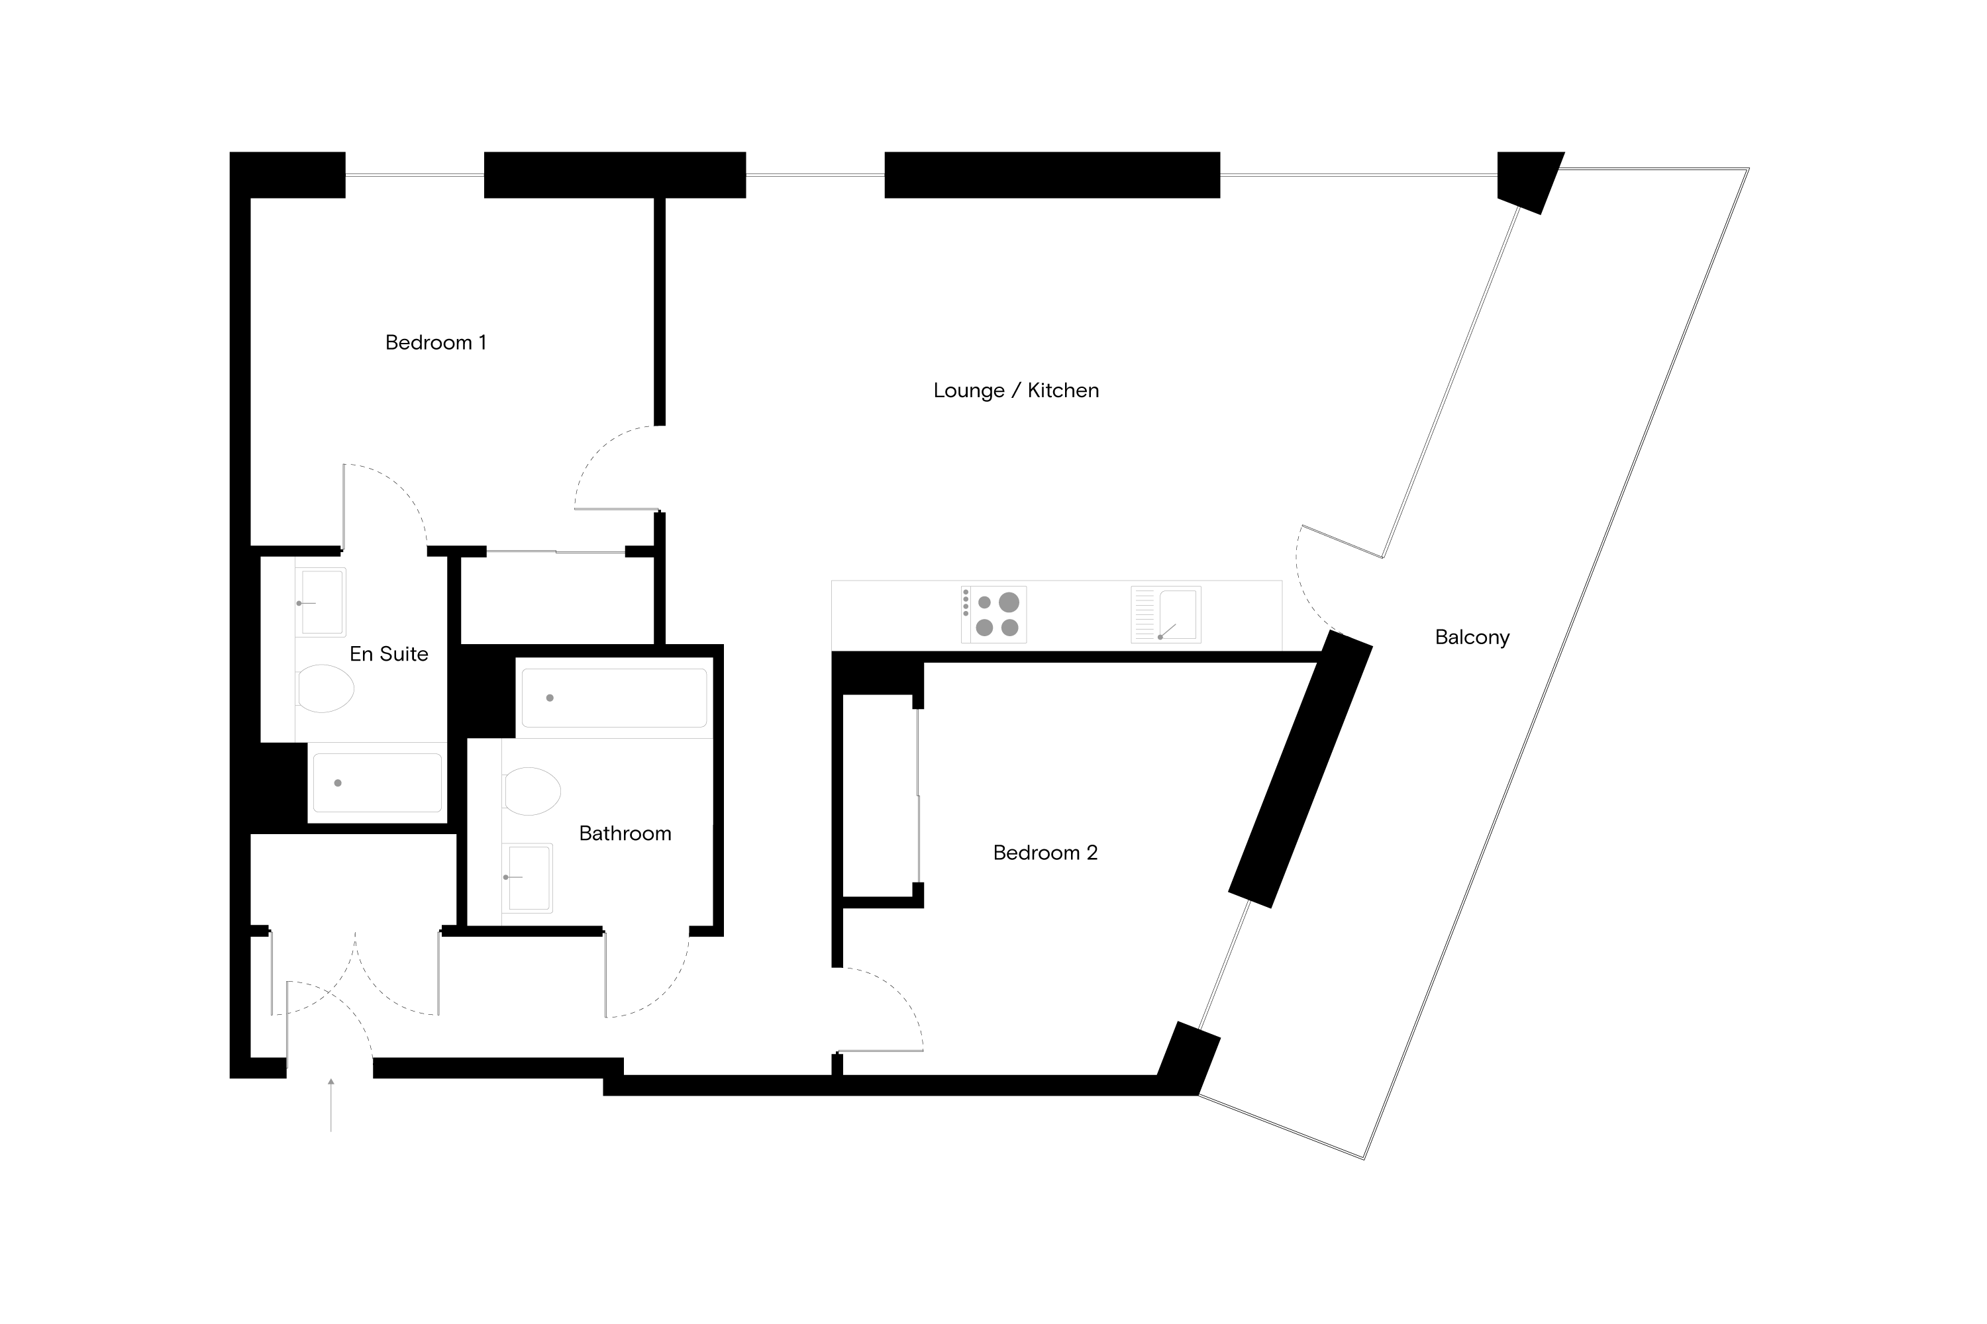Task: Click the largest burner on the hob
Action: point(1009,602)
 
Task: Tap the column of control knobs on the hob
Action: point(966,602)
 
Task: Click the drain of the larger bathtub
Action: point(550,698)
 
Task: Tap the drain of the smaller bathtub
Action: point(338,782)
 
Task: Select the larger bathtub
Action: point(614,698)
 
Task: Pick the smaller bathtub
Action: point(378,782)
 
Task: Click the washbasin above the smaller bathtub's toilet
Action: point(322,602)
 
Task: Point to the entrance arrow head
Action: point(331,1081)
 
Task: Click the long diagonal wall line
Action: point(1451,382)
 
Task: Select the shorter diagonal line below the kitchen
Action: point(1224,965)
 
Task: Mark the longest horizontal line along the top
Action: point(1358,175)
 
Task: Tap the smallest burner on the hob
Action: point(984,602)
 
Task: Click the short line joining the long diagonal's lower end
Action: point(1343,542)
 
